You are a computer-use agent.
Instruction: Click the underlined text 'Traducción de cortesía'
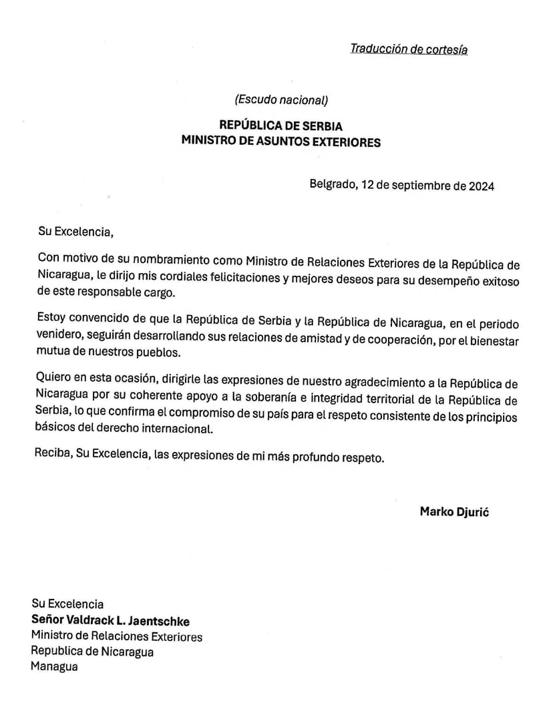[408, 49]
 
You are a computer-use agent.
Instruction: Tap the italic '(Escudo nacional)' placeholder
[281, 100]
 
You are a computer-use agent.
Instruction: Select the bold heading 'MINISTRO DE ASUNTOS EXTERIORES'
[281, 142]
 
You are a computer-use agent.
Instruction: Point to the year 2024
[482, 186]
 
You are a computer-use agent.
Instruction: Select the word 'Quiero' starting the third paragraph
[54, 383]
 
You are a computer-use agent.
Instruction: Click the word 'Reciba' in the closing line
[51, 455]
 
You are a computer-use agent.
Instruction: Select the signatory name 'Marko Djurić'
[454, 512]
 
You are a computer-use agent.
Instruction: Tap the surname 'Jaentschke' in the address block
[158, 621]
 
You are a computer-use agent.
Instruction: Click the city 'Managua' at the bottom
[54, 666]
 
